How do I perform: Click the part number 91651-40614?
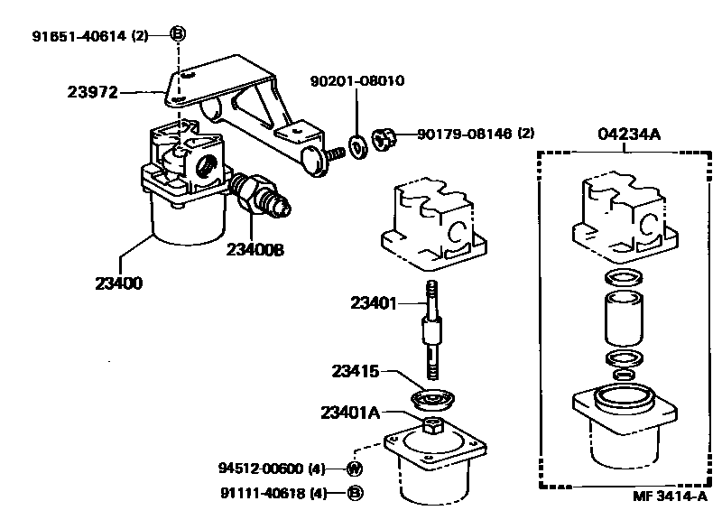(x=79, y=36)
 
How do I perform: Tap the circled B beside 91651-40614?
(x=178, y=33)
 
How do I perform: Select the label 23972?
(x=93, y=92)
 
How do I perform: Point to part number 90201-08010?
(x=357, y=81)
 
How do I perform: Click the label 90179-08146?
(x=464, y=134)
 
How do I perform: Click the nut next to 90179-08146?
(x=384, y=139)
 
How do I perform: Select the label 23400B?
(x=255, y=249)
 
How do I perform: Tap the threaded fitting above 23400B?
(x=261, y=197)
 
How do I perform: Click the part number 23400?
(x=119, y=283)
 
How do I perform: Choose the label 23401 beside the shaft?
(x=374, y=303)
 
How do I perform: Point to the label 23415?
(x=356, y=371)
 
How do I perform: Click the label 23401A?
(x=350, y=413)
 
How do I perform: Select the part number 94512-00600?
(x=261, y=469)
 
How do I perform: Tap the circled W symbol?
(x=354, y=469)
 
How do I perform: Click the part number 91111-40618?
(x=263, y=494)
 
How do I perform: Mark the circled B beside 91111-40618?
(x=355, y=494)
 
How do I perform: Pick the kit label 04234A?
(x=629, y=134)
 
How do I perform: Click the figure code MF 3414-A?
(x=670, y=496)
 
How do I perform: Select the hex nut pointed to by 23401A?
(x=433, y=425)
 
